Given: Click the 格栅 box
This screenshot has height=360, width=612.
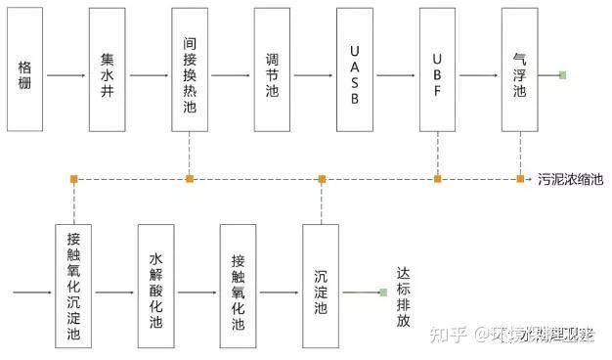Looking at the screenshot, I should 25,70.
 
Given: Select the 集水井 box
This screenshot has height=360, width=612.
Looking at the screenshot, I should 108,70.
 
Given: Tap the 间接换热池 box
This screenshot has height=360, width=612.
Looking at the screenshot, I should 190,70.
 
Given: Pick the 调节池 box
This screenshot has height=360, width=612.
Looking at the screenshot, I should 272,70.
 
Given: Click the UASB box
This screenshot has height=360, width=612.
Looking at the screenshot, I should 354,70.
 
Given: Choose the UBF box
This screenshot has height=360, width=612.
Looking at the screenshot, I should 437,70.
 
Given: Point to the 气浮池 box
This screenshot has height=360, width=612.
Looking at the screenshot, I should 519,70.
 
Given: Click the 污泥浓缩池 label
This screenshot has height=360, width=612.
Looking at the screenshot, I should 571,179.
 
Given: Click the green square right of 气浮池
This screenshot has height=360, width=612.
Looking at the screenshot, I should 562,75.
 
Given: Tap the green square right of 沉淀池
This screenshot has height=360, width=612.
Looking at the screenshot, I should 383,292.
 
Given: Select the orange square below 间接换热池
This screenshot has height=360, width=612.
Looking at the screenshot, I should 190,178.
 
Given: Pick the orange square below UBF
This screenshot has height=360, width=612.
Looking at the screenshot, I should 437,178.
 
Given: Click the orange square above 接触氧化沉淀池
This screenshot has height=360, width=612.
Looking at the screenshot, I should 73,178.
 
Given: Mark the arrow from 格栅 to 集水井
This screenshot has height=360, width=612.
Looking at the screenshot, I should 66,75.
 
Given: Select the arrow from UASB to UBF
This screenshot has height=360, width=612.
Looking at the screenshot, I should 396,75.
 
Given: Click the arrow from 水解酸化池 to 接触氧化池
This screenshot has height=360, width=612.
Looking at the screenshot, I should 197,292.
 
